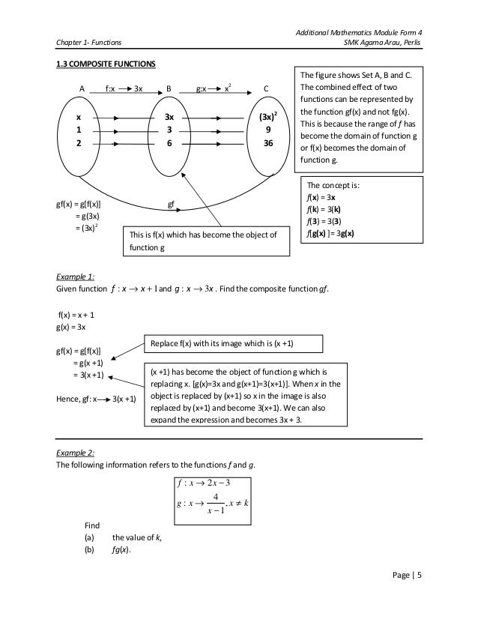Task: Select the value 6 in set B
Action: coord(169,143)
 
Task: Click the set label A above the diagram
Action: coord(82,88)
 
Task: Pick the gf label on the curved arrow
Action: coord(170,202)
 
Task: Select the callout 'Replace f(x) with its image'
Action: coord(233,342)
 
